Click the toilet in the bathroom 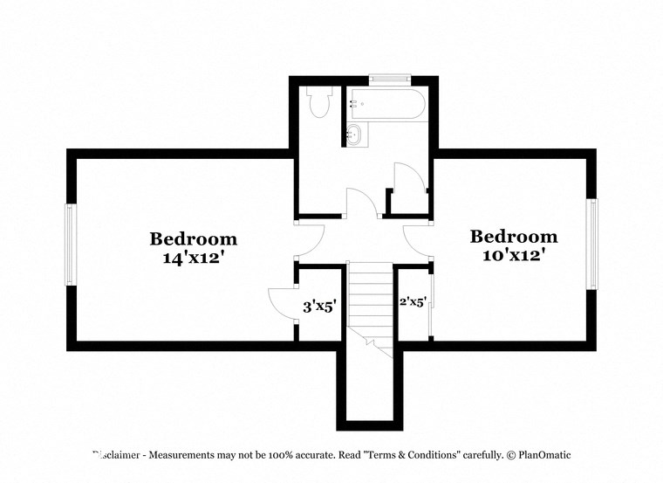tap(319, 102)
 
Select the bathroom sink tap(354, 135)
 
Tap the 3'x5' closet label tap(319, 307)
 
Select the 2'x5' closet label tap(412, 302)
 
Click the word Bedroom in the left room tap(194, 238)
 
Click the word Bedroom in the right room tap(514, 236)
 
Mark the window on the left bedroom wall tap(71, 244)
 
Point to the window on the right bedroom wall tap(592, 244)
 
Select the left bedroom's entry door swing tap(311, 239)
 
